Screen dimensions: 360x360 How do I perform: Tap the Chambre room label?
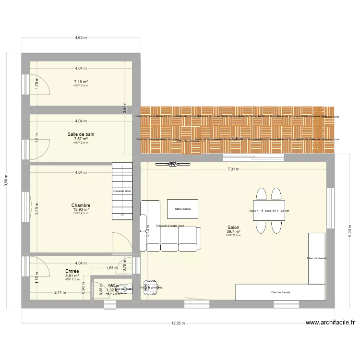(81, 205)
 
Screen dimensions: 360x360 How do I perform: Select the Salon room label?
(234, 228)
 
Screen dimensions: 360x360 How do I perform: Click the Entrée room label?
(72, 271)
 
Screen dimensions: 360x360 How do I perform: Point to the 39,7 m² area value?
(234, 231)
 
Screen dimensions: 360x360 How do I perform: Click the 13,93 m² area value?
(81, 209)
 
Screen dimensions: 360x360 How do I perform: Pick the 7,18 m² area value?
(81, 82)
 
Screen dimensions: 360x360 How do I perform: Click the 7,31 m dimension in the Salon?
(234, 169)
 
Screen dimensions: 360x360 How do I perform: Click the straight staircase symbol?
(122, 191)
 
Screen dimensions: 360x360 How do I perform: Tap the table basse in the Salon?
(182, 209)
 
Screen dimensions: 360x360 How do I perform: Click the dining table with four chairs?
(269, 211)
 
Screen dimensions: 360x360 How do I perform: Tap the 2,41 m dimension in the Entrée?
(60, 292)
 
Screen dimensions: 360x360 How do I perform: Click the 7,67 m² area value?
(81, 139)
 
